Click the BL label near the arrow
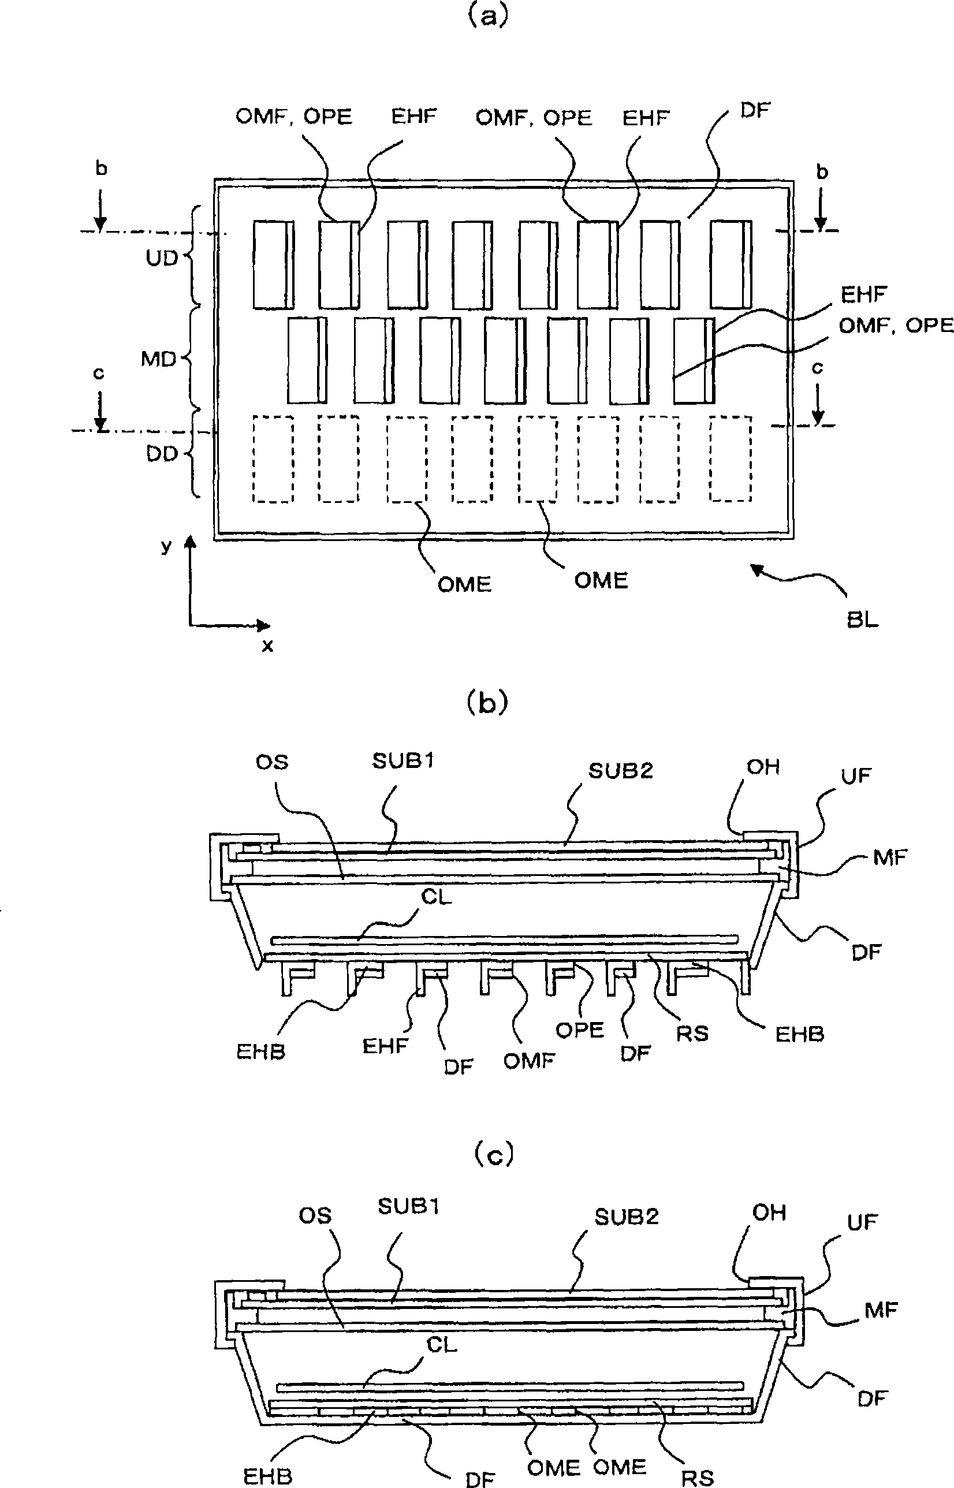click(863, 619)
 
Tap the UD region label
click(162, 258)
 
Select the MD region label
click(159, 359)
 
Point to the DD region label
click(162, 454)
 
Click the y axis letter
click(166, 546)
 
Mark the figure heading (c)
click(493, 1155)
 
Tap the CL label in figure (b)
click(436, 897)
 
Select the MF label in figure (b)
click(890, 857)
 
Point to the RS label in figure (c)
click(698, 1478)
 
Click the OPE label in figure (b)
click(580, 1030)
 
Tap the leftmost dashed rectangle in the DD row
click(273, 459)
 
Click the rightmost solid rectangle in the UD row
click(731, 264)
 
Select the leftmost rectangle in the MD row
click(307, 360)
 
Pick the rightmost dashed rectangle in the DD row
click(731, 459)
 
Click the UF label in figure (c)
click(862, 1222)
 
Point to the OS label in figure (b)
click(272, 762)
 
